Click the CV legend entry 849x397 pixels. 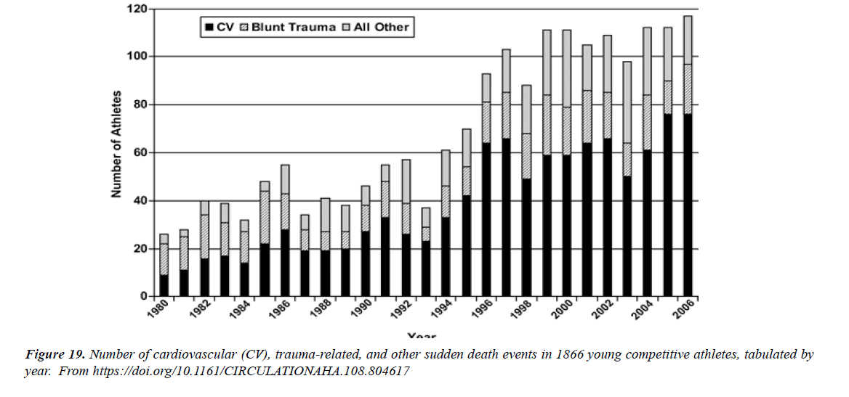(x=220, y=28)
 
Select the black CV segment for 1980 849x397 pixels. (x=164, y=285)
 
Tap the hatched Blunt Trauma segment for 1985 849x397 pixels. (x=265, y=217)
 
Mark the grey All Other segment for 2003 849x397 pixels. (x=626, y=102)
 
